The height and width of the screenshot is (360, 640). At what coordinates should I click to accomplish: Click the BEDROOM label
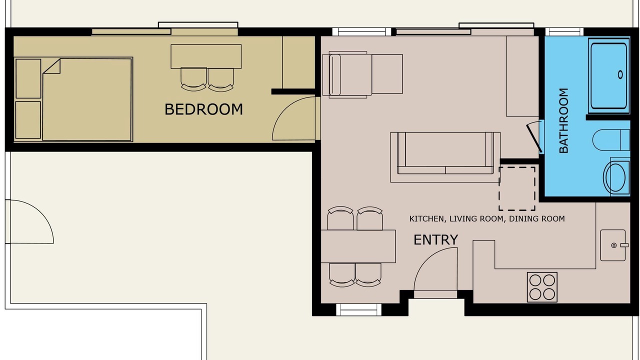[203, 109]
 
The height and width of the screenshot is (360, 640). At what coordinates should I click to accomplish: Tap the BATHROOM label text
[563, 120]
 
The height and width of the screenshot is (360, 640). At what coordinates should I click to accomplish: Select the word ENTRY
[435, 239]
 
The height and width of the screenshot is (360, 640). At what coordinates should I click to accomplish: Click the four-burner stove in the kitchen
[542, 287]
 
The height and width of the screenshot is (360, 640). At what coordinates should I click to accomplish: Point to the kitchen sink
[613, 245]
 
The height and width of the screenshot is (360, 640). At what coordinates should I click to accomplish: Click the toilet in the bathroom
[611, 139]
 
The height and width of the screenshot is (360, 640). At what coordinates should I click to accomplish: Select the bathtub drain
[620, 74]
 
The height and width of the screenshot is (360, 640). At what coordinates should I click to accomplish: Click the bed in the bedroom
[87, 99]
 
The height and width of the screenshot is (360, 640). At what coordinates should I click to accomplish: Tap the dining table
[358, 246]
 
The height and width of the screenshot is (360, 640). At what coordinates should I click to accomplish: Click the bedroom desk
[206, 56]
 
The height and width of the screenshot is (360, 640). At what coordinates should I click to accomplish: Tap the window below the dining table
[358, 309]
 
